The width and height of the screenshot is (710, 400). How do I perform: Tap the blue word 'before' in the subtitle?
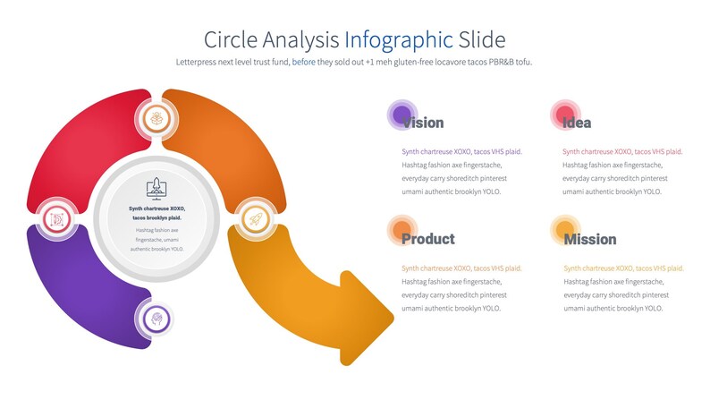[x=304, y=62]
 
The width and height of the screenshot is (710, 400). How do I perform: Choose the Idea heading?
[x=577, y=123]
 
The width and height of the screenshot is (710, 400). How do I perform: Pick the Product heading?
[x=427, y=239]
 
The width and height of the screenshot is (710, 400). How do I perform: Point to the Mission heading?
[x=589, y=239]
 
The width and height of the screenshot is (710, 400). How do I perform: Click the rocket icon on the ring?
[x=255, y=219]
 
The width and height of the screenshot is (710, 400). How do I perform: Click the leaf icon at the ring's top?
[x=157, y=117]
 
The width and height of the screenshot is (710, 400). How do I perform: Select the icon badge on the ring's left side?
[x=56, y=218]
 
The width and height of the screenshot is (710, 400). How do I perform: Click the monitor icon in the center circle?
[x=156, y=187]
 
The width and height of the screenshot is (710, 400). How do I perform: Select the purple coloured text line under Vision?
[x=461, y=151]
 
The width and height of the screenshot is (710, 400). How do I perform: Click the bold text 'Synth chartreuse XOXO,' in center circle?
[x=156, y=209]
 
